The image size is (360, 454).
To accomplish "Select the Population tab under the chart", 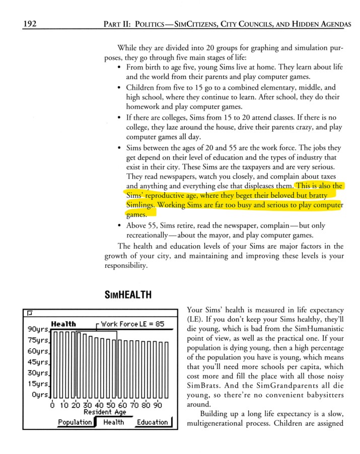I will click(75, 422).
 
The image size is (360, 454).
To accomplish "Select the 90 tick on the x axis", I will click(158, 405).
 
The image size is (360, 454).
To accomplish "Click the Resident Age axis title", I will click(105, 412).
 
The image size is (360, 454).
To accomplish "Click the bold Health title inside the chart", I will click(63, 324).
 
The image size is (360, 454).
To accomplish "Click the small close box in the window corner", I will click(30, 313).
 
